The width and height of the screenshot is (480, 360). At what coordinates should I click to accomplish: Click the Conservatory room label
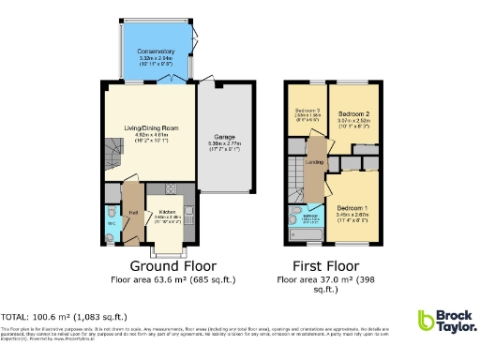[155, 52]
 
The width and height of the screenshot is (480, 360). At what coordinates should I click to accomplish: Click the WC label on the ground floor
[111, 224]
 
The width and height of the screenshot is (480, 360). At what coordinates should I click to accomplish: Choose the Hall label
[133, 213]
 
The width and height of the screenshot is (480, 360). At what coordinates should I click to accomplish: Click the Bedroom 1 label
[352, 206]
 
